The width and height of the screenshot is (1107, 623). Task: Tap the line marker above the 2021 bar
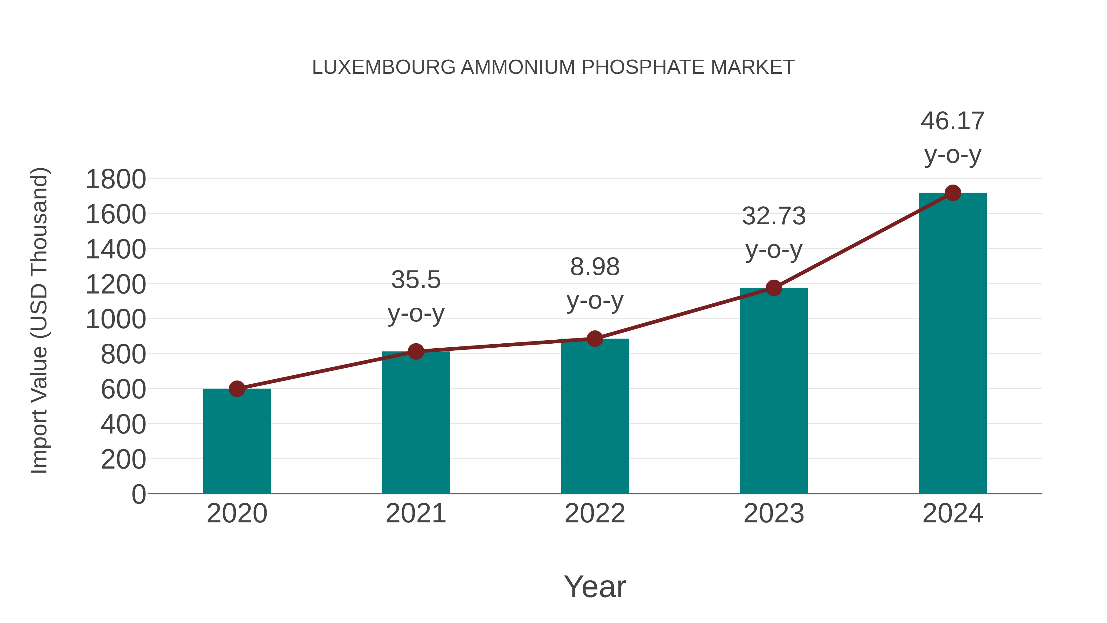(x=415, y=351)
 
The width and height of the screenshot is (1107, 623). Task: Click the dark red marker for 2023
(x=774, y=288)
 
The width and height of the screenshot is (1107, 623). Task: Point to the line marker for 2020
(x=237, y=389)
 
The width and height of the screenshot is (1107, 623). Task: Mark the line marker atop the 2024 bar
(x=953, y=193)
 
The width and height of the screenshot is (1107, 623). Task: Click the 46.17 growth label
(x=952, y=121)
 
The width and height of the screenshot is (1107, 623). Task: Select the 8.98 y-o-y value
(x=595, y=267)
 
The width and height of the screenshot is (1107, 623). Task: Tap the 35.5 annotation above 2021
(x=415, y=280)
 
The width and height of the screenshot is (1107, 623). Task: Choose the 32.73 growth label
(x=774, y=216)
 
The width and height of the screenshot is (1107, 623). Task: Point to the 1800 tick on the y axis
(x=116, y=179)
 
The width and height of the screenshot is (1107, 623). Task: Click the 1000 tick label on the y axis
(x=116, y=319)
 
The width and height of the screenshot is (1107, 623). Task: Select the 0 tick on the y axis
(x=138, y=494)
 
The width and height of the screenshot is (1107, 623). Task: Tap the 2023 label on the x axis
(x=774, y=513)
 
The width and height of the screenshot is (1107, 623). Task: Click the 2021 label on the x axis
(x=415, y=513)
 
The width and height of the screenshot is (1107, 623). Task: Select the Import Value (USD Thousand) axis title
(x=39, y=320)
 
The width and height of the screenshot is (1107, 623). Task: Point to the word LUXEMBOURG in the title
(x=383, y=67)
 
